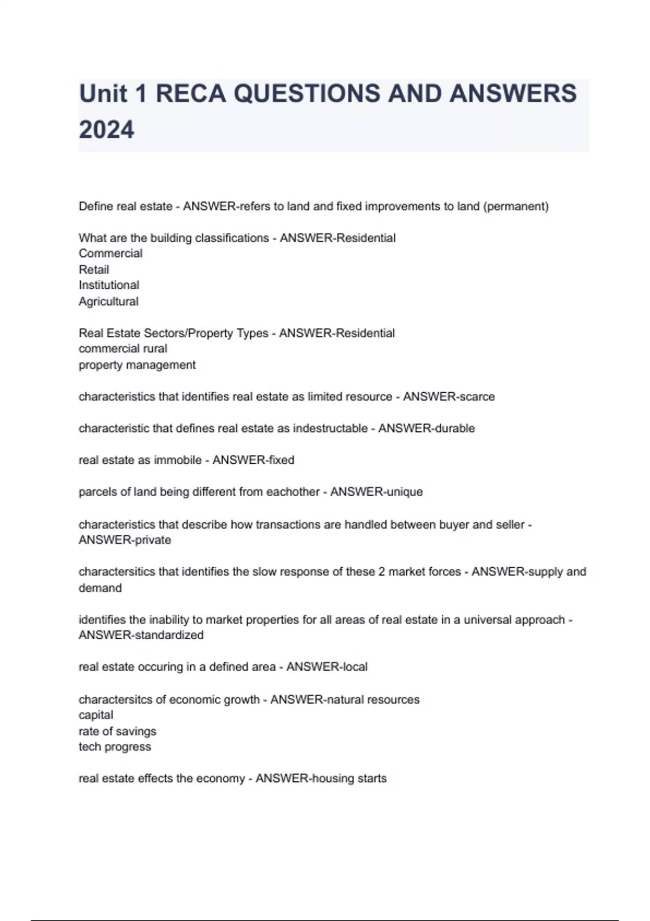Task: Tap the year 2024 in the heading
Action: [x=106, y=130]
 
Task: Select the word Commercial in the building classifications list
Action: [x=110, y=254]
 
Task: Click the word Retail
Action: [x=94, y=270]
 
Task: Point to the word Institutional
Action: [x=109, y=286]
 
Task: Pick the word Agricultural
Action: [x=108, y=302]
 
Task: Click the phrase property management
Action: [x=137, y=365]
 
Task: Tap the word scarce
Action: [x=477, y=397]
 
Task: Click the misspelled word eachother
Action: [x=294, y=492]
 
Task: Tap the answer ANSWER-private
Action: [x=125, y=540]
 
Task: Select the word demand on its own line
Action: [x=100, y=588]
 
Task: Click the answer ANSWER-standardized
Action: [x=141, y=635]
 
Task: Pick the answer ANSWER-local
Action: [x=327, y=667]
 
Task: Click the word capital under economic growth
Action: [x=96, y=715]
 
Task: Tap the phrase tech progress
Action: [x=115, y=747]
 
